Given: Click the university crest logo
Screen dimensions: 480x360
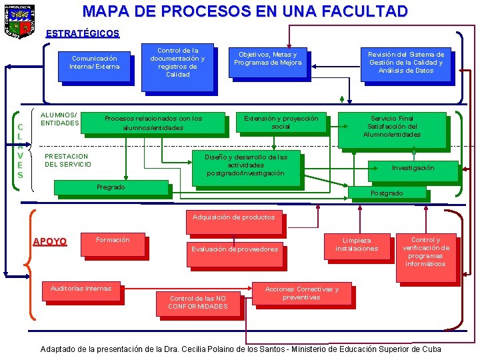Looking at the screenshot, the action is (18, 21).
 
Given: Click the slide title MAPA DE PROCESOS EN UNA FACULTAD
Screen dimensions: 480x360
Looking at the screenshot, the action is (245, 11).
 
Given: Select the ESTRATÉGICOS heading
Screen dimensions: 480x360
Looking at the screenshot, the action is (83, 33).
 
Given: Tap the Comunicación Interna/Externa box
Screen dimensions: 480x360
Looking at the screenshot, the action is (95, 63).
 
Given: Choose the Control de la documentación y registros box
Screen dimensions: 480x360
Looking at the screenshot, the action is (177, 62).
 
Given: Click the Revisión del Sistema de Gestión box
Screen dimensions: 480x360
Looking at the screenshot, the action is (405, 63).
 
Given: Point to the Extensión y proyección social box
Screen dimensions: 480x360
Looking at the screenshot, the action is (281, 123).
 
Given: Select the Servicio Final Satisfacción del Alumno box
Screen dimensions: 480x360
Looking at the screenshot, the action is (391, 127).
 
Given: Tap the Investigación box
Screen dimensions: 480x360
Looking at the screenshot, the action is (413, 168).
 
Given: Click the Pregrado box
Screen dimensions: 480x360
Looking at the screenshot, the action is (111, 187).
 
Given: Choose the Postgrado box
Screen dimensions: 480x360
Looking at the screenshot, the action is (386, 193).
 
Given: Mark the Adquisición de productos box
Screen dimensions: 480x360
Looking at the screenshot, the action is (233, 217).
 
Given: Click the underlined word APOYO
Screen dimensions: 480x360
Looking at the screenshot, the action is (50, 241).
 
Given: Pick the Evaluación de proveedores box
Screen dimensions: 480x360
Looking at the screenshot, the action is (234, 250).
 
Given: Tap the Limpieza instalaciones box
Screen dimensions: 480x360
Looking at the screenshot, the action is (356, 245).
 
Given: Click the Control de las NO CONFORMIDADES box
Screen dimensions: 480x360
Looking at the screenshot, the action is (197, 303).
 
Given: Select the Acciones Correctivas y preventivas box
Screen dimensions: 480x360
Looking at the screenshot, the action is (301, 294).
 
